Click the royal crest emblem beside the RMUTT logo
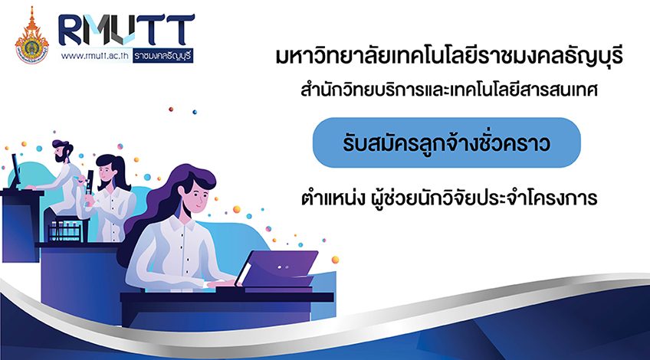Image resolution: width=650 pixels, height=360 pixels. coord(31,36)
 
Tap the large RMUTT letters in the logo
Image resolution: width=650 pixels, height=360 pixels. coord(126,30)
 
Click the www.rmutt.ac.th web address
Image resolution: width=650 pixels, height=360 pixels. coord(95,56)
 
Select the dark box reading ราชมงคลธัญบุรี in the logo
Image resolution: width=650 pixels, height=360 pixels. coord(163,56)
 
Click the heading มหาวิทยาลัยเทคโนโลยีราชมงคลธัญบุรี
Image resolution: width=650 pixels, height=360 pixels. coord(449,56)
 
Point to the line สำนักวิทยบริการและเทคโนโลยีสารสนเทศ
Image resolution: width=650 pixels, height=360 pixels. coord(449,90)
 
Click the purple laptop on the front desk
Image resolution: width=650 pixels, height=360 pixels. coord(277,270)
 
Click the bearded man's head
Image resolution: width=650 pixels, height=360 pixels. coord(62,152)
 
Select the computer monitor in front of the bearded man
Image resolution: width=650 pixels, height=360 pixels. coord(16,171)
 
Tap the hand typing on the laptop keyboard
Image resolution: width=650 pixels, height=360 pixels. coord(222,283)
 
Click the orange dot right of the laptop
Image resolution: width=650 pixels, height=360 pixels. coord(336,260)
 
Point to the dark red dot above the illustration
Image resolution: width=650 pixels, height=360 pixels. coord(171,110)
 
